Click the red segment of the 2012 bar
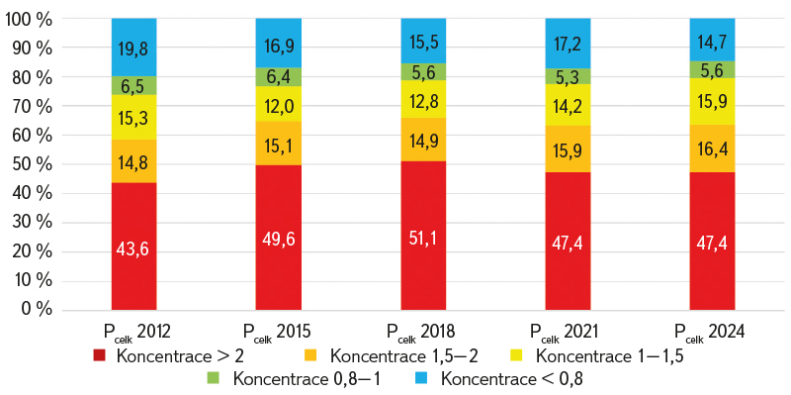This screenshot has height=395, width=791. click(x=133, y=246)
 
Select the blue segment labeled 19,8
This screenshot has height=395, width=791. click(x=133, y=47)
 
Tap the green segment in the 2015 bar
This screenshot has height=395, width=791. click(x=279, y=77)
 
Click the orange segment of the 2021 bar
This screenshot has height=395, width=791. click(x=568, y=148)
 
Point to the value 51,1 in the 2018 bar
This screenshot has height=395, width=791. click(x=423, y=238)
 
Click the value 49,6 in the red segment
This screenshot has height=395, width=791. click(x=279, y=240)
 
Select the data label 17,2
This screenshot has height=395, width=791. click(x=568, y=44)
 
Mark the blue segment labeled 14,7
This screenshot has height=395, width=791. click(x=712, y=40)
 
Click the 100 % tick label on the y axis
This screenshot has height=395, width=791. click(x=29, y=19)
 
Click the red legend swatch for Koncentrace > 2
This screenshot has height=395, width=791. click(x=100, y=356)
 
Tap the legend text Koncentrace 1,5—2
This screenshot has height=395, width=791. click(x=404, y=356)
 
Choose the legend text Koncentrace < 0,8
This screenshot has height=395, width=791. click(x=510, y=378)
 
